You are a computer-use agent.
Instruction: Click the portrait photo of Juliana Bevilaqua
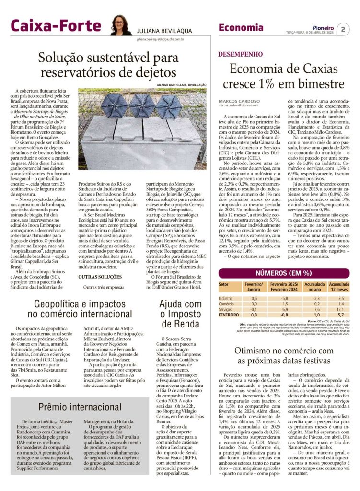[121, 25]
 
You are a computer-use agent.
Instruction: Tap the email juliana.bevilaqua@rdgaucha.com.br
[160, 39]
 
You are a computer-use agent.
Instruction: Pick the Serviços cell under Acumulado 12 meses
[339, 309]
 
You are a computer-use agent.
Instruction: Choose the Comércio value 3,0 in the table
[254, 304]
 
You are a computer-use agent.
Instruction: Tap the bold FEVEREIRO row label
[230, 315]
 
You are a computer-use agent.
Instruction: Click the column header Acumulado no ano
[314, 286]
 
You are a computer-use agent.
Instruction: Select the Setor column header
[224, 284]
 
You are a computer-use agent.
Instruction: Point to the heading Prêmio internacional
[80, 407]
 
